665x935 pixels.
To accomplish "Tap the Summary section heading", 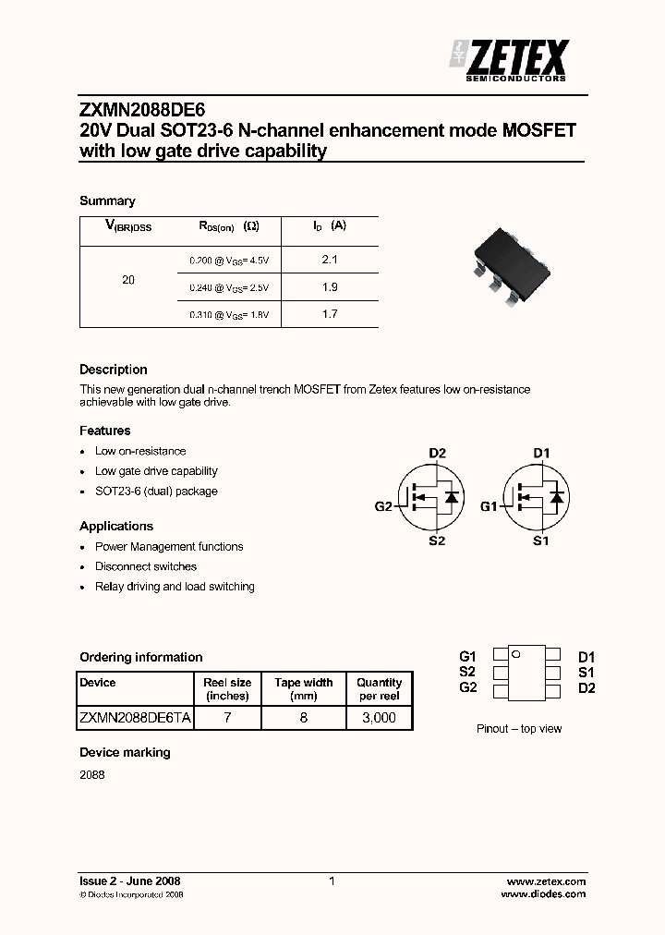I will [107, 200].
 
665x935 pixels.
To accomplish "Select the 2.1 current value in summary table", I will [330, 261].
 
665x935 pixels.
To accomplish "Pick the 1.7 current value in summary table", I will [330, 314].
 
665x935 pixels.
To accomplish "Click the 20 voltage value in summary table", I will [128, 279].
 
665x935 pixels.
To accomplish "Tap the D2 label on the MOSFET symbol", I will [437, 453].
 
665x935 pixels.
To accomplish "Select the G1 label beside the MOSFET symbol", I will [489, 506].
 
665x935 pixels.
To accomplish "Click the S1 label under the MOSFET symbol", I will [541, 540].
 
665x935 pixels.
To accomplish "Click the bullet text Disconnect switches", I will [146, 566].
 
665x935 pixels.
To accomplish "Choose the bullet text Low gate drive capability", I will [156, 471].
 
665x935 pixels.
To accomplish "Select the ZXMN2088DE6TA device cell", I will [135, 718].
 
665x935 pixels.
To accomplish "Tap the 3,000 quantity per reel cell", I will [379, 718].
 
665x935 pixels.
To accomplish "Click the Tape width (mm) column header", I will [303, 689].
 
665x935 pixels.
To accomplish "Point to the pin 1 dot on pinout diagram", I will [516, 655].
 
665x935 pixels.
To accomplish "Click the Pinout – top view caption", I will [519, 729].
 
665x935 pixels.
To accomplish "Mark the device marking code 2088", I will [92, 775].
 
